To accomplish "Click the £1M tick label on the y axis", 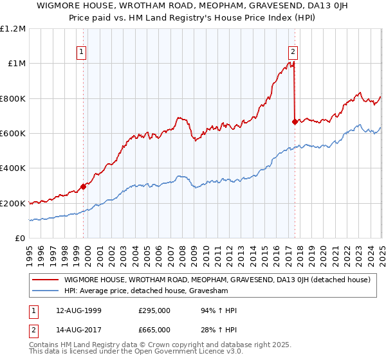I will [14, 63].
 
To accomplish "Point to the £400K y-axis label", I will [13, 168].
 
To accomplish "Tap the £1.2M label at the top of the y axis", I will [13, 28].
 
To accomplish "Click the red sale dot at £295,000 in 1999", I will [83, 187].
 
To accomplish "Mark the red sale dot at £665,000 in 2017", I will [295, 122].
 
